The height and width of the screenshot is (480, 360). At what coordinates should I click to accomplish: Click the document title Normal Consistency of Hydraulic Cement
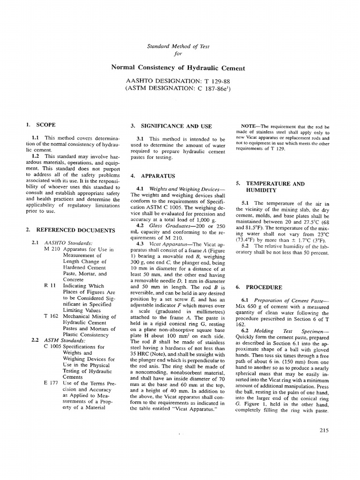(x=178, y=68)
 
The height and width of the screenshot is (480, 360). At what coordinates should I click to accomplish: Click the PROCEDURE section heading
(x=264, y=287)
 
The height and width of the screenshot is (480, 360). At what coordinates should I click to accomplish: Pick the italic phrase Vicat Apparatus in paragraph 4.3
(x=168, y=245)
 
